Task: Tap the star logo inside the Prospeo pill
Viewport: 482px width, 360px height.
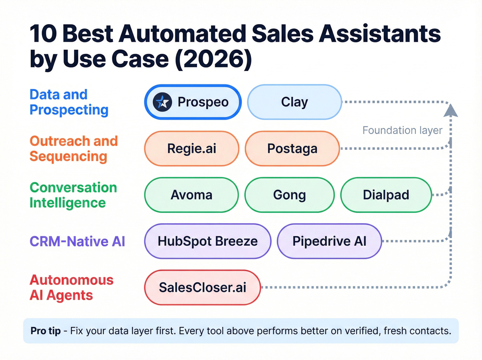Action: [x=162, y=102]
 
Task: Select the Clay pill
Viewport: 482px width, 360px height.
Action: [x=294, y=102]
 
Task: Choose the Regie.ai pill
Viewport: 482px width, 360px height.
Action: [x=191, y=148]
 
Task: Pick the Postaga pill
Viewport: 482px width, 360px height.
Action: [x=292, y=148]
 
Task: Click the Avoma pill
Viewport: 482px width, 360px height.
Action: [x=191, y=195]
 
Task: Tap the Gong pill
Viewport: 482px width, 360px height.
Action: [x=289, y=195]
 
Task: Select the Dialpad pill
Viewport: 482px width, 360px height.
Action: [x=386, y=195]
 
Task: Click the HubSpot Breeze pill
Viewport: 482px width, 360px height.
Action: [x=207, y=241]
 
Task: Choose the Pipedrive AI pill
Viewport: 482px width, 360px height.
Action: [x=329, y=241]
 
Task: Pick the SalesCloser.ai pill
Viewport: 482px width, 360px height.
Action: [x=202, y=287]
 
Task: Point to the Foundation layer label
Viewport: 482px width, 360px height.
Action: [x=402, y=130]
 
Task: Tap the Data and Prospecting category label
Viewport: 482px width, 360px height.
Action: [x=69, y=102]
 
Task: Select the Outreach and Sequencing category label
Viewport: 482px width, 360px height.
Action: [x=74, y=148]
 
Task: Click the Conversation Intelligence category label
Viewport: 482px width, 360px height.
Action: [x=73, y=195]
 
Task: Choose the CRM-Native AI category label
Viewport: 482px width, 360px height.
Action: [x=77, y=241]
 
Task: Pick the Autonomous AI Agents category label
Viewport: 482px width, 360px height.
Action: [x=71, y=287]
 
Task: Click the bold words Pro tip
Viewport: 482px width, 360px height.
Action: [x=45, y=331]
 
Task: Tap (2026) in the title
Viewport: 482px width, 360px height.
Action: [x=213, y=59]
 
